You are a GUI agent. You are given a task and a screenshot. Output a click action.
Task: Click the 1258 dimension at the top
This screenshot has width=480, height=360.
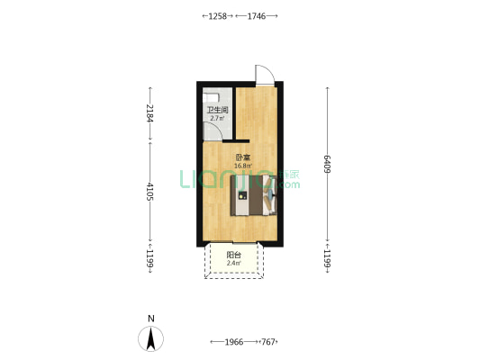[217, 16]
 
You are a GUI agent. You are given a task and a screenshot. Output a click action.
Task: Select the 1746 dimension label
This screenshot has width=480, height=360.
[257, 16]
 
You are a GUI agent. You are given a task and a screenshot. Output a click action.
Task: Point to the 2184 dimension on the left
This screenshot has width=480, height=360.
[149, 113]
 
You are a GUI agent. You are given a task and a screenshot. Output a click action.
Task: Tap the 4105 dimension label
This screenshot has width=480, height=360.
[149, 192]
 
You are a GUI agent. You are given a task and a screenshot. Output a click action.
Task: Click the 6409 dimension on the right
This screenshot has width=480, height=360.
[327, 164]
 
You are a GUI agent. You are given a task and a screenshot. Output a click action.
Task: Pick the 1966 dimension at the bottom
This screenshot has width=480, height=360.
[234, 342]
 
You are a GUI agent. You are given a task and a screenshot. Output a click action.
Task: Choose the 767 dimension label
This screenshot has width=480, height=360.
[268, 342]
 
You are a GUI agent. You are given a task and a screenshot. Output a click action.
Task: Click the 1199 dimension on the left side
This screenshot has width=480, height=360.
[149, 258]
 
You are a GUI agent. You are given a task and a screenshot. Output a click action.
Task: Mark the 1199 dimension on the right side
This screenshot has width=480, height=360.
[327, 258]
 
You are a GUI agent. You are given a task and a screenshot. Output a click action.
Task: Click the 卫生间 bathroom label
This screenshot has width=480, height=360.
[218, 110]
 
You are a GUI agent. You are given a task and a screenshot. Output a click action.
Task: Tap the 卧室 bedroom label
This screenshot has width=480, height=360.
[243, 157]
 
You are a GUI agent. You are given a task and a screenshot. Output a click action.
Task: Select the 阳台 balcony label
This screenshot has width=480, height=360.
[233, 255]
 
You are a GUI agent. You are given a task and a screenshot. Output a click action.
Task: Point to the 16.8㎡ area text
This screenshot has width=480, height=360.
[243, 166]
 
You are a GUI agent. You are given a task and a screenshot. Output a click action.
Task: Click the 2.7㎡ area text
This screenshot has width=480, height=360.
[217, 119]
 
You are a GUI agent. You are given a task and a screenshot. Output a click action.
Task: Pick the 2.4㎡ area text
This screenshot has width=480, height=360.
[233, 263]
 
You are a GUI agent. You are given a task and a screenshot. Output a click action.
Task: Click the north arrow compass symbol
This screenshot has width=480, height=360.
[150, 338]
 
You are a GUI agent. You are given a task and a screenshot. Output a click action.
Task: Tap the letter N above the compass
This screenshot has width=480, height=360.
[151, 319]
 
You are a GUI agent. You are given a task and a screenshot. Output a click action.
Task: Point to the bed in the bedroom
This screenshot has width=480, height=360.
[254, 195]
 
